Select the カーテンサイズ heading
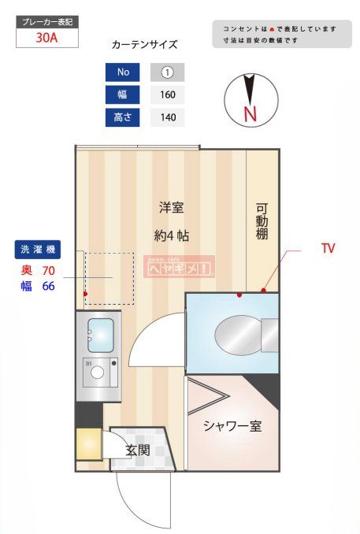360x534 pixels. [144, 46]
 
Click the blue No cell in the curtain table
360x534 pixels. [122, 72]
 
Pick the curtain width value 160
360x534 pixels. [167, 95]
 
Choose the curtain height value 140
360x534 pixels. [167, 118]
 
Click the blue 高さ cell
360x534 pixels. [122, 118]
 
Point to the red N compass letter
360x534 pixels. [251, 113]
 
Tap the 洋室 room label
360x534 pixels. [171, 209]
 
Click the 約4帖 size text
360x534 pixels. [171, 235]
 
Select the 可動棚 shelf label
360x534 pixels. [262, 227]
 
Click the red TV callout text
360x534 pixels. [328, 248]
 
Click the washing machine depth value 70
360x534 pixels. [48, 271]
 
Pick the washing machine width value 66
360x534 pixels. [48, 286]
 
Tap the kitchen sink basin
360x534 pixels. [100, 335]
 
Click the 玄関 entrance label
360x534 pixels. [137, 451]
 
